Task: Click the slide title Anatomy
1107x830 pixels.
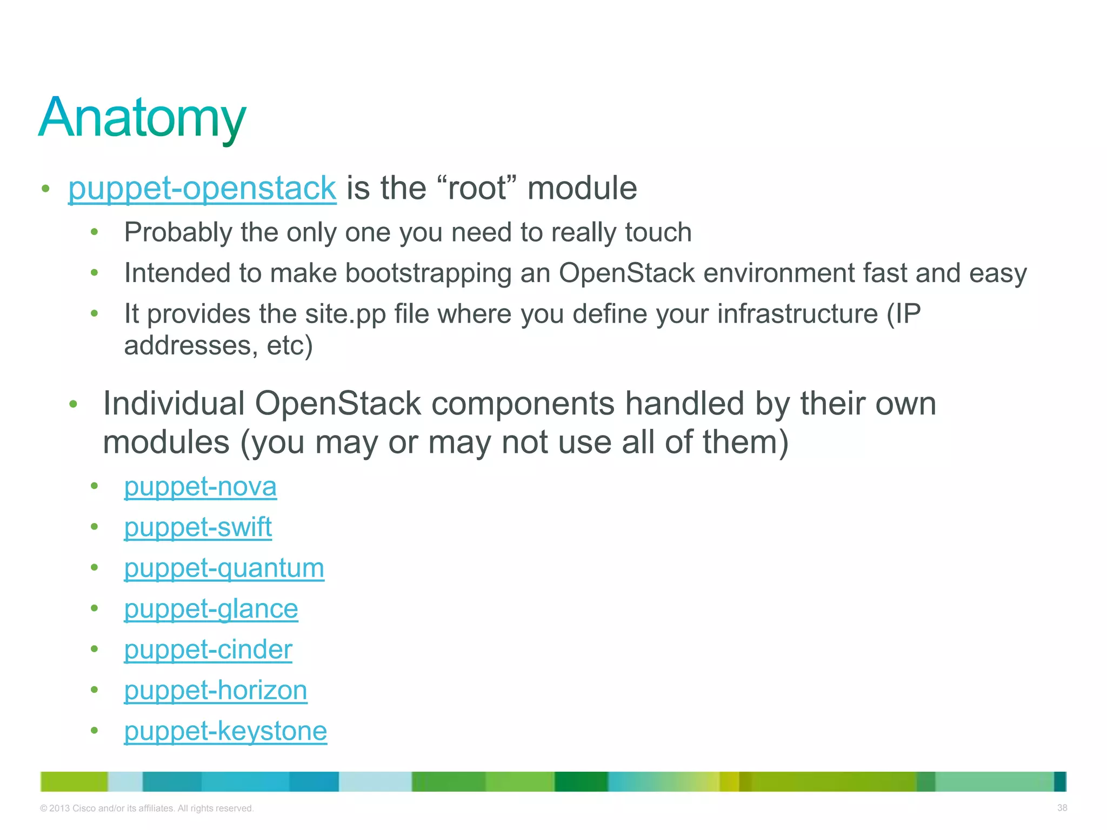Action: (143, 118)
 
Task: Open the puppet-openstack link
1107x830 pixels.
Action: (202, 189)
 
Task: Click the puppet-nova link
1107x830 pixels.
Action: (200, 486)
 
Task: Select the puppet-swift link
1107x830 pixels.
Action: (198, 527)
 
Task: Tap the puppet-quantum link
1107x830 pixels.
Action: (224, 568)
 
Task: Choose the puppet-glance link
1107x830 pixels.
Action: (211, 609)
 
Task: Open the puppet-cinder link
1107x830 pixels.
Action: (208, 650)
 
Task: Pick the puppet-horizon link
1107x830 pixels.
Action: (216, 691)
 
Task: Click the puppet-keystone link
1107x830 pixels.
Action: (225, 731)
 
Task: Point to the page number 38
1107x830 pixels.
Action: (1062, 808)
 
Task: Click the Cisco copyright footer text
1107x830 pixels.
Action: (146, 808)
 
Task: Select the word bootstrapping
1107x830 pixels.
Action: (428, 273)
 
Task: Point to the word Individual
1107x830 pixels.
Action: (174, 404)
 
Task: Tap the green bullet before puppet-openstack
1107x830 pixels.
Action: (46, 189)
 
